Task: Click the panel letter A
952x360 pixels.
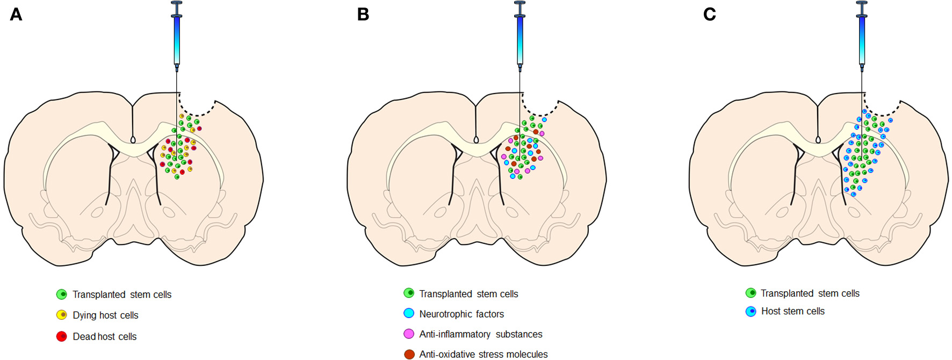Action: [16, 14]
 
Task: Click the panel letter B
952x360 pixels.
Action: [363, 14]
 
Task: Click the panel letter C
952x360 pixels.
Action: [709, 14]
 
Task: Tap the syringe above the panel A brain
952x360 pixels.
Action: [177, 38]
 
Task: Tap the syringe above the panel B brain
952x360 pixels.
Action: [520, 38]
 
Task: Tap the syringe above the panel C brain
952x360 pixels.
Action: [862, 38]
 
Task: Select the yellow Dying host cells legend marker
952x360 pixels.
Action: [62, 315]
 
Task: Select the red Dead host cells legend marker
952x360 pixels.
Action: [62, 336]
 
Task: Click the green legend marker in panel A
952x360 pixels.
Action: [62, 294]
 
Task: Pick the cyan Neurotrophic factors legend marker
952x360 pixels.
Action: [409, 313]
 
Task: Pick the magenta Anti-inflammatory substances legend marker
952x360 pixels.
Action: [409, 334]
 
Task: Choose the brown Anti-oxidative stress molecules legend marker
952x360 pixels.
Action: [409, 354]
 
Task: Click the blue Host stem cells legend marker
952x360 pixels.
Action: [751, 311]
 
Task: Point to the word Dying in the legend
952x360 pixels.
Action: [84, 315]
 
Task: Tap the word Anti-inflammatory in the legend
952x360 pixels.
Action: [455, 334]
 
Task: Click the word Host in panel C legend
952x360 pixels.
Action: [771, 311]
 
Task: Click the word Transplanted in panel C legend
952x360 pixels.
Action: [787, 293]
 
